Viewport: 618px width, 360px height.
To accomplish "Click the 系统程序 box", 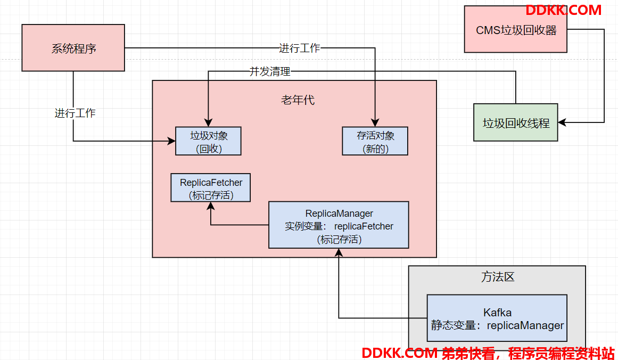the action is coord(73,48).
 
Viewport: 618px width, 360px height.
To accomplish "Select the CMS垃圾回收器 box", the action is coord(515,29).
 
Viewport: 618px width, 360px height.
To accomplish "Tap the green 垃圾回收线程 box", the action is coord(515,122).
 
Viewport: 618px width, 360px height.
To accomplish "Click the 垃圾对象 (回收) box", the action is coord(208,141).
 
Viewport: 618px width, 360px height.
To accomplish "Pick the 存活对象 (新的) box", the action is coord(375,141).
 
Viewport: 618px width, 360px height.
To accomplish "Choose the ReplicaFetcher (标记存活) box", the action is coord(210,187).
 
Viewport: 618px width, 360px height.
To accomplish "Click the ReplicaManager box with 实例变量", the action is coord(339,225).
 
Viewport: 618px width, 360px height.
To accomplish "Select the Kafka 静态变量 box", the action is coord(497,318).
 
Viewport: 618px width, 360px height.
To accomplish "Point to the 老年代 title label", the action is coord(298,100).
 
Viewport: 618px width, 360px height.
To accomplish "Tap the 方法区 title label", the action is coord(498,277).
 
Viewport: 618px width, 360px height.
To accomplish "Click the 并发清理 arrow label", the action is coord(270,71).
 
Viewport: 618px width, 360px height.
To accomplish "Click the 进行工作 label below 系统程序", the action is coord(75,113).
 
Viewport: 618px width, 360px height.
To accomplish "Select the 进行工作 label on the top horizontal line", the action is coord(300,48).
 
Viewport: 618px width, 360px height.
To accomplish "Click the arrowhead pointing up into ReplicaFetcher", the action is coord(211,206).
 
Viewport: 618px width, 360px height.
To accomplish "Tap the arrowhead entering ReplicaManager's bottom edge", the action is coord(339,253).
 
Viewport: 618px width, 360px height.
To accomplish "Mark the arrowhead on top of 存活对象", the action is coord(375,122).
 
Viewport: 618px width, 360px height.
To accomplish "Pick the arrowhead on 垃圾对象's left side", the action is coord(171,141).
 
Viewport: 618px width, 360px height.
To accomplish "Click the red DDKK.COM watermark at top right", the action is coord(564,10).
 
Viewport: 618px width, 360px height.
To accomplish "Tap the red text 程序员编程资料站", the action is coord(561,353).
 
